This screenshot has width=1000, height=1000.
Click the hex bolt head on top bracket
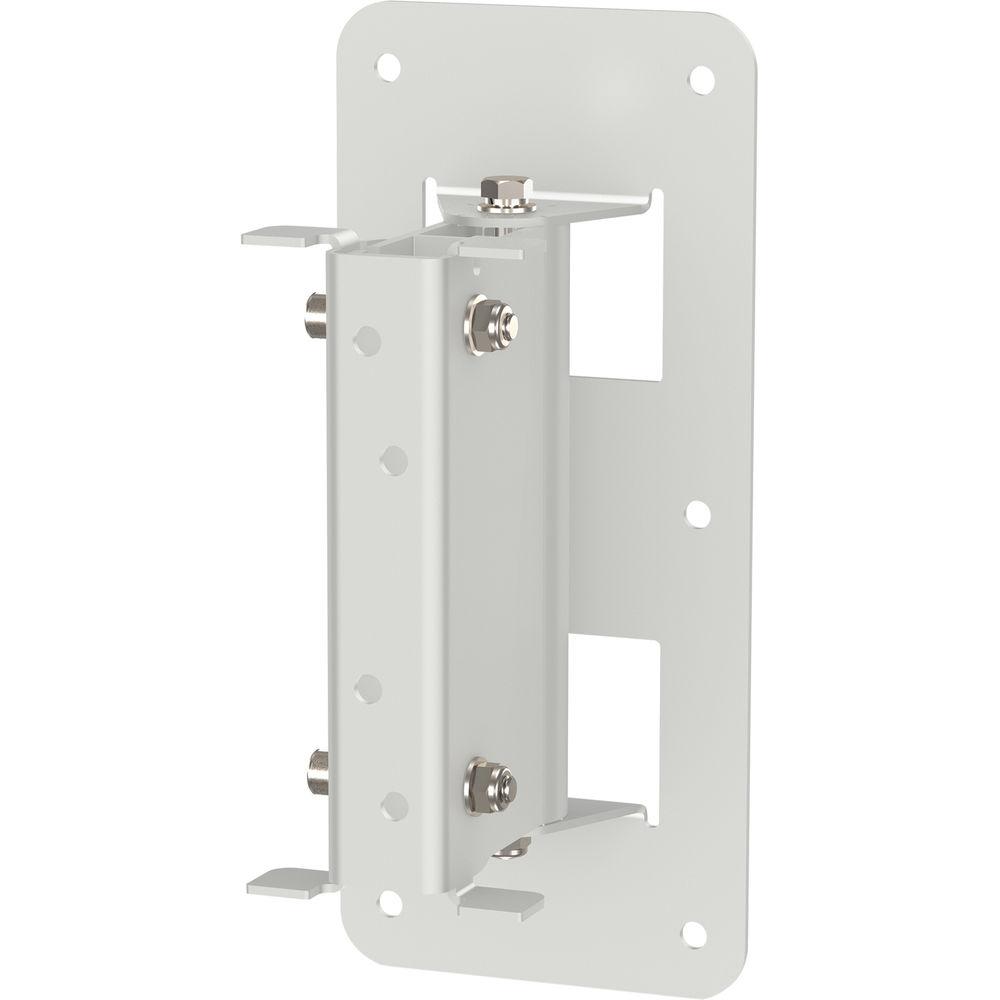point(506,192)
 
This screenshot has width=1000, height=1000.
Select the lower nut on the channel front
point(489,783)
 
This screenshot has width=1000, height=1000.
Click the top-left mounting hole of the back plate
point(389,68)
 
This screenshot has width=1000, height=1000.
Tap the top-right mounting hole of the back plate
point(701,79)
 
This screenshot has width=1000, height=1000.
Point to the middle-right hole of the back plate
point(698,514)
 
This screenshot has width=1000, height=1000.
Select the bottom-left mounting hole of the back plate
point(390,901)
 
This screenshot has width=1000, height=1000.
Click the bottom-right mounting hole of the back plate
point(692,933)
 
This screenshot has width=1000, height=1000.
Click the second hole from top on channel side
point(394,460)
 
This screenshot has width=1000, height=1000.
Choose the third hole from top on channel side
point(368,689)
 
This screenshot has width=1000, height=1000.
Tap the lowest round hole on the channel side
point(393,805)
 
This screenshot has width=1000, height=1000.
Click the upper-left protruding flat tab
point(280,236)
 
